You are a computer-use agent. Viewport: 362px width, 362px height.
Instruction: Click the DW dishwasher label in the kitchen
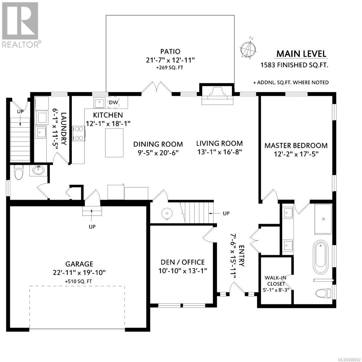click(113, 102)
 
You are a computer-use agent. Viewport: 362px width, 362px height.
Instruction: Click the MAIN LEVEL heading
click(301, 54)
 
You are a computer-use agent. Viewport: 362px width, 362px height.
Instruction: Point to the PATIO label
click(170, 51)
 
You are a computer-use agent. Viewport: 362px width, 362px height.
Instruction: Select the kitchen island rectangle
click(114, 143)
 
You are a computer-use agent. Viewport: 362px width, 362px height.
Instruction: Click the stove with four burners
click(79, 133)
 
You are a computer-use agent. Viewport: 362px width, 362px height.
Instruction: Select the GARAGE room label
click(79, 264)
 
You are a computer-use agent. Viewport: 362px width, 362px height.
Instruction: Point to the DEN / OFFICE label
click(183, 262)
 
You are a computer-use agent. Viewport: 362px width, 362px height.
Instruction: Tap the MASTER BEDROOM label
click(296, 146)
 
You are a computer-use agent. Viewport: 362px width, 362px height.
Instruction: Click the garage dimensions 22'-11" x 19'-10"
click(79, 272)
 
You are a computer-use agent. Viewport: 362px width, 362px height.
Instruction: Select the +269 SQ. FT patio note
click(170, 68)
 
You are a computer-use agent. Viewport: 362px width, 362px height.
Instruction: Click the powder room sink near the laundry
click(39, 170)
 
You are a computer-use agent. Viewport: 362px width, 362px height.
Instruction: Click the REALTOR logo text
click(20, 45)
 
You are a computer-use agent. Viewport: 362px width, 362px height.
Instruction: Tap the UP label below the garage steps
click(92, 227)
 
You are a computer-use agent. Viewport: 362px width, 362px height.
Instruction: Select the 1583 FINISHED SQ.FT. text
click(294, 65)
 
